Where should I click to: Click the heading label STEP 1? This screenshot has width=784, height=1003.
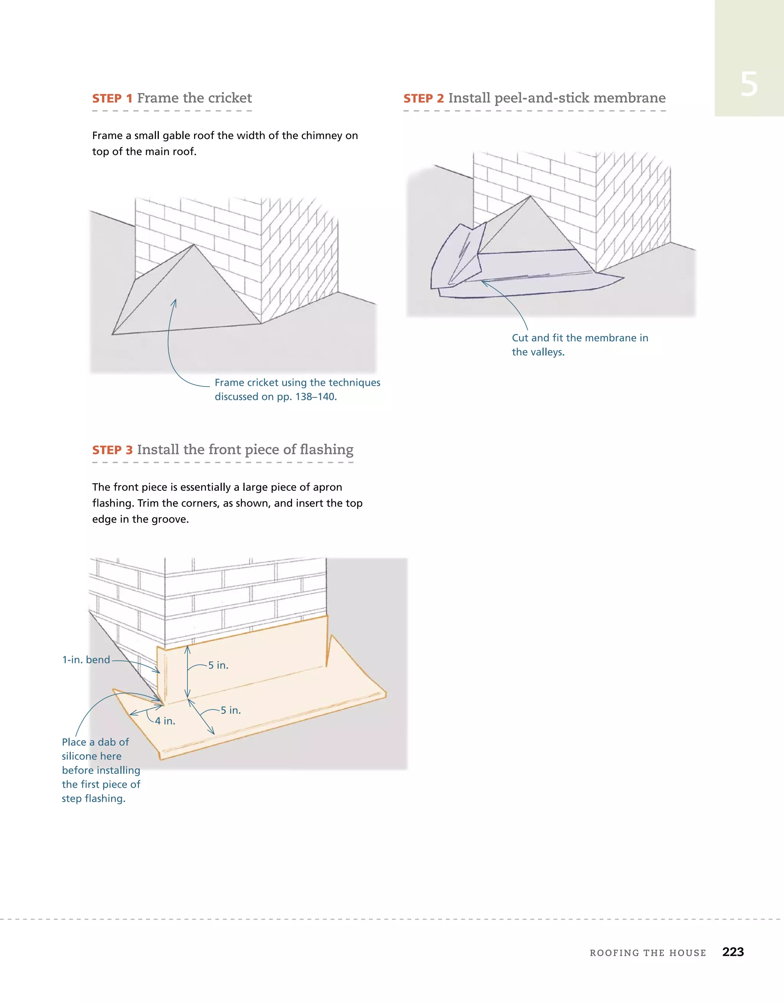pos(112,99)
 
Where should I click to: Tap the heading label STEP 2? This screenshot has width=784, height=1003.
pos(423,99)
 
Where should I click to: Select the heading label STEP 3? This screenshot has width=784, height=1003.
pos(112,450)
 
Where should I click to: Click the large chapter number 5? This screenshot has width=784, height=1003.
pos(749,85)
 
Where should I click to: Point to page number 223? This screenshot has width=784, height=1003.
pos(733,952)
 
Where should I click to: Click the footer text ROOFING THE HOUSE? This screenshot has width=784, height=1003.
pos(648,953)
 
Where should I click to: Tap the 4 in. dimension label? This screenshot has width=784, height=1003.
pos(165,721)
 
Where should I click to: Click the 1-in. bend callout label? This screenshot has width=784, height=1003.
pos(87,660)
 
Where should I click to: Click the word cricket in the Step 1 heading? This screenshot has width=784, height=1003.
pos(230,98)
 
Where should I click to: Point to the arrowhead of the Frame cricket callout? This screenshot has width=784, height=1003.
pos(175,301)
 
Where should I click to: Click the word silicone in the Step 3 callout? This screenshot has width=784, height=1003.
pos(92,756)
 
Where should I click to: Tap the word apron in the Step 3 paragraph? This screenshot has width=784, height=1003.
pos(327,487)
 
